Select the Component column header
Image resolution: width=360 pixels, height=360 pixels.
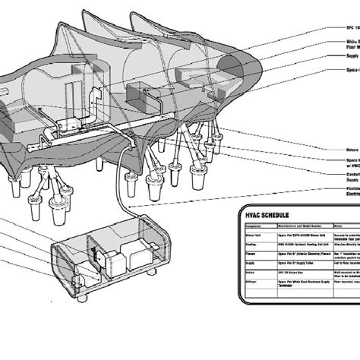click(x=254, y=226)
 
